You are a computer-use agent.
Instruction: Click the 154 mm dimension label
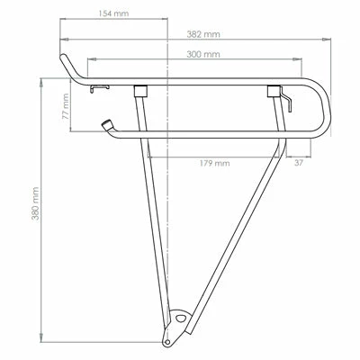click(113, 14)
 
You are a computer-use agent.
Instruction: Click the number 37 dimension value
click(298, 164)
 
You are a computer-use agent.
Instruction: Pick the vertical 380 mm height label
click(35, 206)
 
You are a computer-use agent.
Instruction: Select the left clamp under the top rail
click(139, 90)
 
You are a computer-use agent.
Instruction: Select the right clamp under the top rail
click(273, 90)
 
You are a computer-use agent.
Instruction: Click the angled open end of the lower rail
click(108, 125)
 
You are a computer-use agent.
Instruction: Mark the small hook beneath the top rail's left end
click(101, 87)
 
